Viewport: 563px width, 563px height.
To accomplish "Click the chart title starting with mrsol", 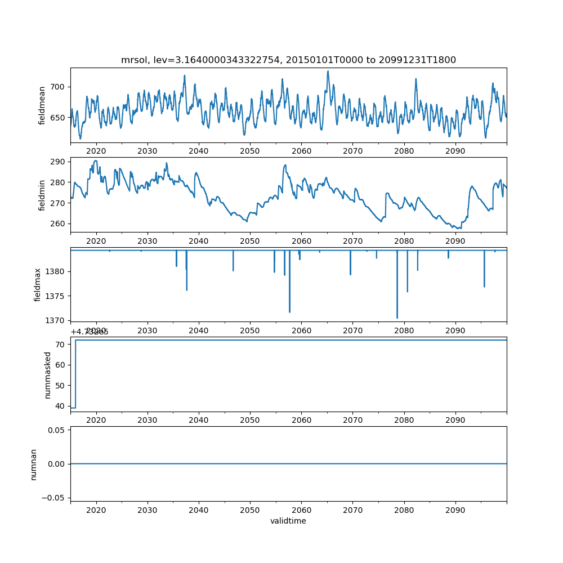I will (x=288, y=60).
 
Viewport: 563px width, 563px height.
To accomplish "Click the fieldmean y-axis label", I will (x=42, y=105).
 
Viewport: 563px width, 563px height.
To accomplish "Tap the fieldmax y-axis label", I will (x=38, y=284).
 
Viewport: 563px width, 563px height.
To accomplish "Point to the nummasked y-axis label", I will (x=48, y=374).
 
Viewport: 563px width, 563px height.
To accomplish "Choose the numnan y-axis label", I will (x=34, y=464).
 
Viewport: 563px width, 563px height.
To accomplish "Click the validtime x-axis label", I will (x=288, y=521).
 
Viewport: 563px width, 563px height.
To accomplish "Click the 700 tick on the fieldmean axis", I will (x=59, y=87).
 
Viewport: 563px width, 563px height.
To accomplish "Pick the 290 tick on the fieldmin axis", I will (x=59, y=162).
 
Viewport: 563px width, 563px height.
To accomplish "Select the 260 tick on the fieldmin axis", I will (x=59, y=224).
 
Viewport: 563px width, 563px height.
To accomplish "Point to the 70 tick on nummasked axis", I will (x=61, y=344).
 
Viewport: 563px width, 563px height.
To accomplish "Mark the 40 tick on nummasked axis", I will (x=61, y=406).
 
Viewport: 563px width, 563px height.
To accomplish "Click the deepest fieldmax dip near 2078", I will (x=397, y=318).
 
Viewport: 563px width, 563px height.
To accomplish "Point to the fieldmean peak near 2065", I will (x=328, y=71).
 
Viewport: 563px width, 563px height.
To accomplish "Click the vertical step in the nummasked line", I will (x=75, y=374).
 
